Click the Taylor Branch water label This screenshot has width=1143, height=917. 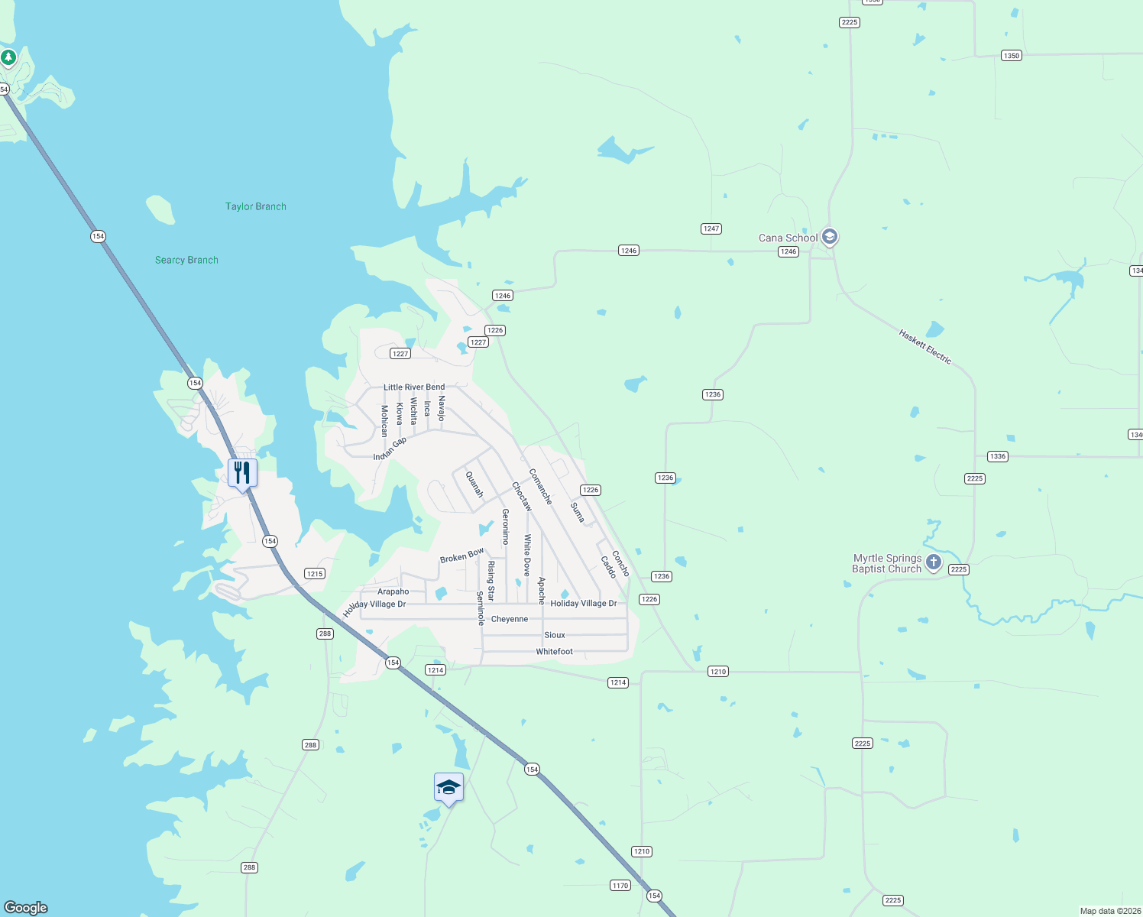coord(256,206)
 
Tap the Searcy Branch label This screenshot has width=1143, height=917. coord(186,260)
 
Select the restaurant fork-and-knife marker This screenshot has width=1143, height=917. coord(242,473)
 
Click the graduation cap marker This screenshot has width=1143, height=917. coord(448,787)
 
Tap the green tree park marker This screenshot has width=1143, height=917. coord(8,57)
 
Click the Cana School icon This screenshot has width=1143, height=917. coord(830,237)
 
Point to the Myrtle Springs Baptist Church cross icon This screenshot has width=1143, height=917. coord(933,562)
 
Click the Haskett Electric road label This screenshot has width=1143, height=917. coord(925,346)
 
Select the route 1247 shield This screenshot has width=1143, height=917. coord(711,228)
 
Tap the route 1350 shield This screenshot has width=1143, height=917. coord(1012,55)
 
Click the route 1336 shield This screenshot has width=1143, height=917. coord(998,456)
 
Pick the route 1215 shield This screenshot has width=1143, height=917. coord(315,573)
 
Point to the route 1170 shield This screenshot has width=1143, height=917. coord(620,886)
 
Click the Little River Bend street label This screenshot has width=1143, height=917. coord(414,387)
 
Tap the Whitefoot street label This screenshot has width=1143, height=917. coord(554,652)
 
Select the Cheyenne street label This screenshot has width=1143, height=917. coord(510,619)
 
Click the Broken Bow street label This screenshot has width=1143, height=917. coord(461,556)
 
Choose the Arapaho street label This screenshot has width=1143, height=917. coord(393,591)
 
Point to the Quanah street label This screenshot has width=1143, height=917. coord(474,484)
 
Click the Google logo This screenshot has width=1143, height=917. coord(26,908)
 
